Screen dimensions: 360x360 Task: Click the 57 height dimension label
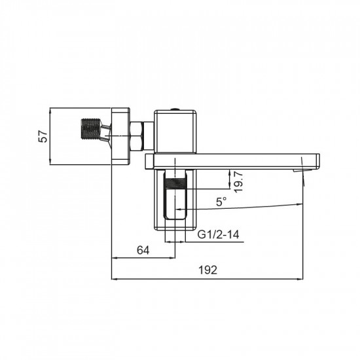click(x=44, y=136)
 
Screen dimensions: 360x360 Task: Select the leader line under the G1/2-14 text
click(x=216, y=242)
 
